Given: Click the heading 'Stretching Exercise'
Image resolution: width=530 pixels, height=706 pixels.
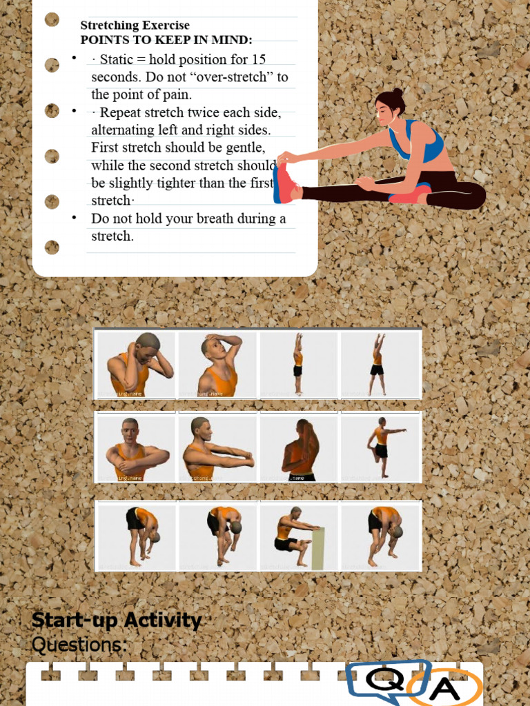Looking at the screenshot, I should pos(135,26).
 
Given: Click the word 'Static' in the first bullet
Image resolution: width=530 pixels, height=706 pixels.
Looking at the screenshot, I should pos(117,59).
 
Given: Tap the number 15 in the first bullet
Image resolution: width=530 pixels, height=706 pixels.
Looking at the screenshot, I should pos(259,59).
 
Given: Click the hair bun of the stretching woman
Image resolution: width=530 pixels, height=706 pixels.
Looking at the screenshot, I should pos(397,93).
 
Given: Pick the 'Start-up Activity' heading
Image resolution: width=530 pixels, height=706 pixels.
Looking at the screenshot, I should pos(117,621).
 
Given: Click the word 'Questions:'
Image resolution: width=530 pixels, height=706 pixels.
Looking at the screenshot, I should pos(79,645).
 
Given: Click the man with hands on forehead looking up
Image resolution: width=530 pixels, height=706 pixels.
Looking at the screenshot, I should pos(217,365).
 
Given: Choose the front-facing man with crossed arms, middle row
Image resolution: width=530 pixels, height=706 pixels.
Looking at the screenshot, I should pos(135,448).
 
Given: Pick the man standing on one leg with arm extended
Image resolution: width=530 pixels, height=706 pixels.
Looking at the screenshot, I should pos(381,448).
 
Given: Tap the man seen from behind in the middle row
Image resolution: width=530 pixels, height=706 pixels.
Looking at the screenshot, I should pos(300,449).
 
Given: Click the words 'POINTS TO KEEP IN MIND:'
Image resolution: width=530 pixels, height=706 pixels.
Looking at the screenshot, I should pos(166,40).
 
